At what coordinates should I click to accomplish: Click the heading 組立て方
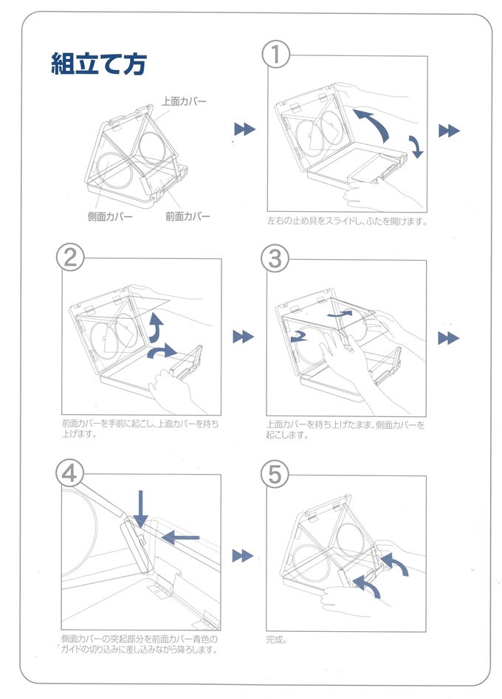coord(98,64)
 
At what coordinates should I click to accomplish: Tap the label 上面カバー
coord(185,101)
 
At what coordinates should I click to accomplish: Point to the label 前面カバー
coord(188,216)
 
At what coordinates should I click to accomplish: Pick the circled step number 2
coord(70,257)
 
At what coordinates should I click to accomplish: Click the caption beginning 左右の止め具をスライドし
coord(347,221)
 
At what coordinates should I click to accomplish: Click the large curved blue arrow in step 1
coord(374,123)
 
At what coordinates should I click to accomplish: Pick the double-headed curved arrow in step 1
coord(416,145)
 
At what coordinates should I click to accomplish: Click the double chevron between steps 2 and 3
coord(243,337)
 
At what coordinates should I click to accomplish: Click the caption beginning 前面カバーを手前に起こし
coord(140,430)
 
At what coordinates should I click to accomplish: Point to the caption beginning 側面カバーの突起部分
coord(140,644)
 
